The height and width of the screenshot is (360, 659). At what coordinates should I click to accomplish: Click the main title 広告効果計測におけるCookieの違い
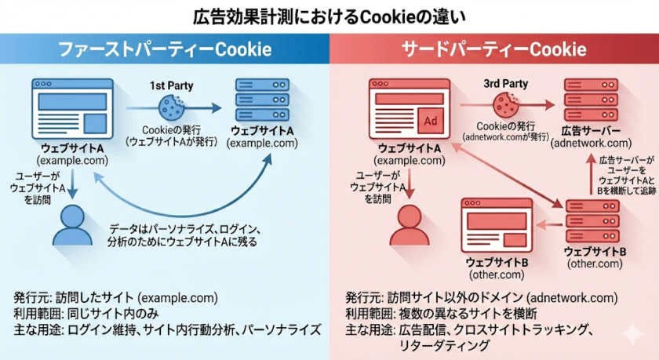329,16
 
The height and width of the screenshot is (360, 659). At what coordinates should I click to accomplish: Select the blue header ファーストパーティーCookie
166,49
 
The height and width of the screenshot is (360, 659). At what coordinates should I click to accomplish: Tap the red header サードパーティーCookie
493,49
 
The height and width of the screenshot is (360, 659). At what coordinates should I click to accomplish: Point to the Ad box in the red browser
430,122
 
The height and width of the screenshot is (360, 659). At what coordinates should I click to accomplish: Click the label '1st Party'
170,84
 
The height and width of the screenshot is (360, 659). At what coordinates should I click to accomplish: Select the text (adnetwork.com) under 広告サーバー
591,143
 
